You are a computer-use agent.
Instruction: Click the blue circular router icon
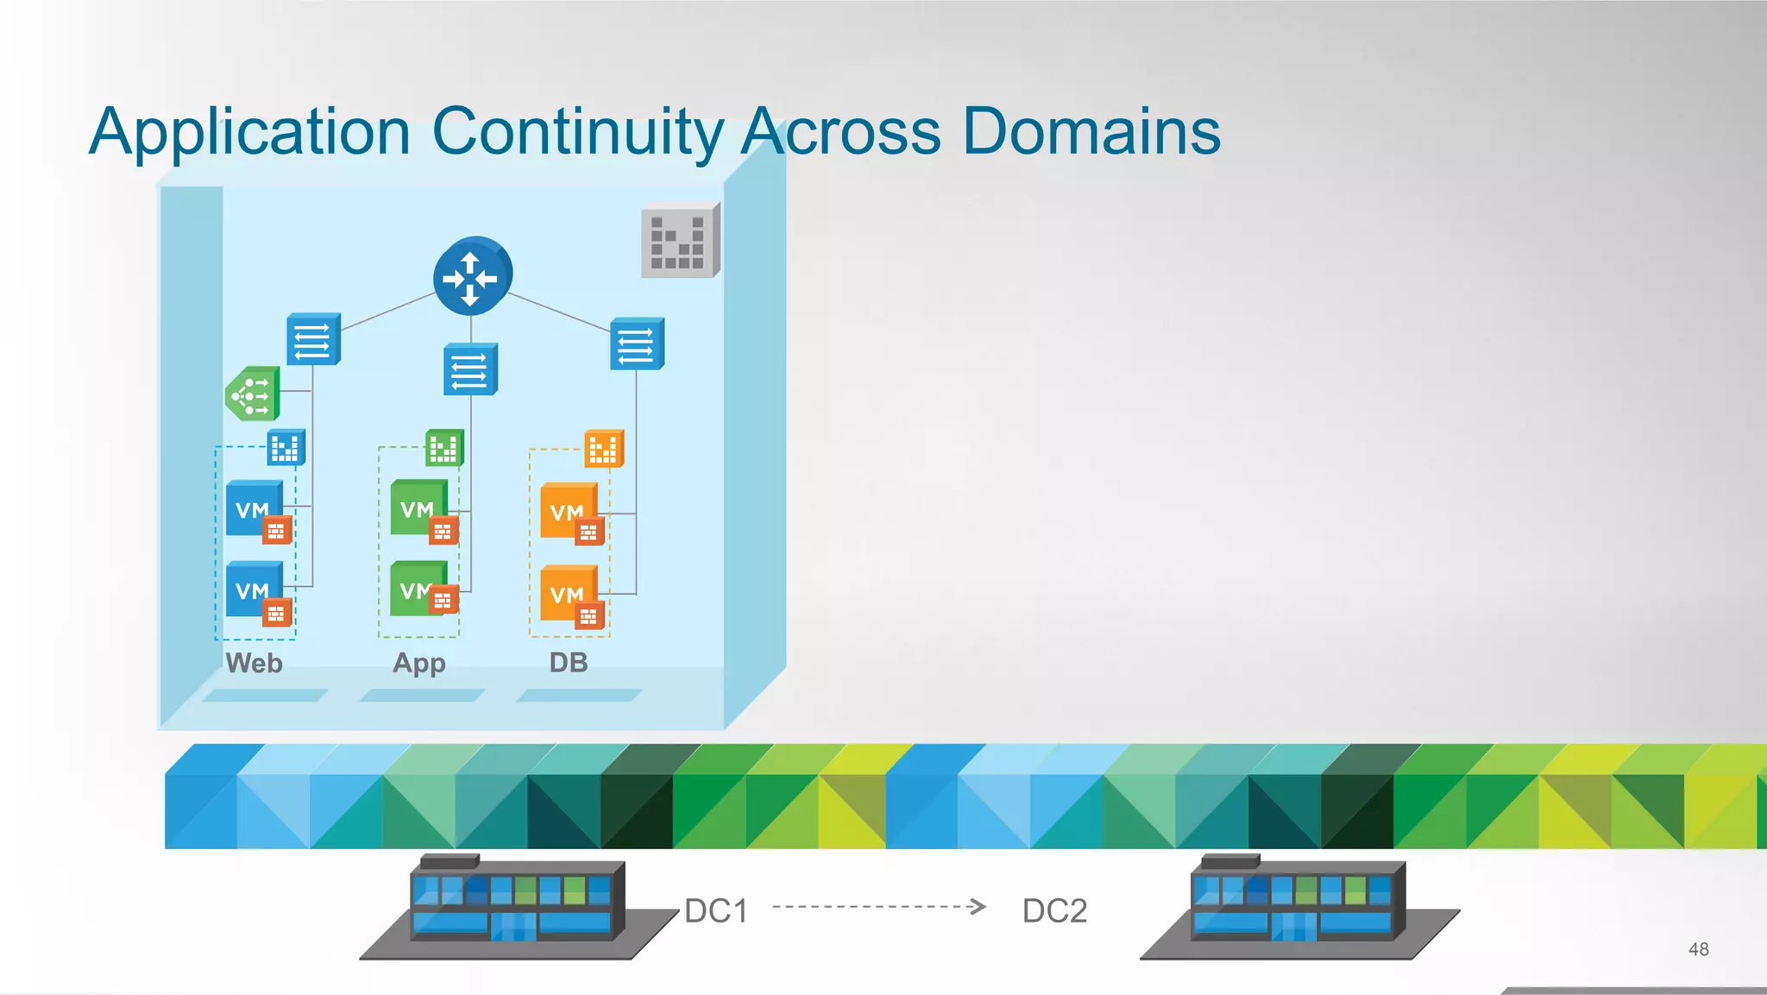coord(472,276)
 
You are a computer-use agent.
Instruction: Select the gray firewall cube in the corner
coord(680,241)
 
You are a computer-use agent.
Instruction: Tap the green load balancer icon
coord(253,394)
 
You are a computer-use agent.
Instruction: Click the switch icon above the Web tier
coord(313,339)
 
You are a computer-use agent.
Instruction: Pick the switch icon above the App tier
coord(470,369)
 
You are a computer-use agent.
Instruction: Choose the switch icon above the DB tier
coord(637,343)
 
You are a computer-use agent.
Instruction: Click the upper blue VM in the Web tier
coord(254,508)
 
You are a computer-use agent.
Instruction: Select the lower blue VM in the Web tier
coord(254,589)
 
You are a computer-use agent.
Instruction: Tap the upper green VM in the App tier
coord(418,507)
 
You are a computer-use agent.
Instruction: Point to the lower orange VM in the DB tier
coord(568,593)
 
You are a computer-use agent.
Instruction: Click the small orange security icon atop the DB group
coord(603,449)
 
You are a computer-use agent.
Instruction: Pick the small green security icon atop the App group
coord(444,448)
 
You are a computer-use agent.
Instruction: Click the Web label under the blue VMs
coord(254,663)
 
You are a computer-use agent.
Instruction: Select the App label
coord(419,663)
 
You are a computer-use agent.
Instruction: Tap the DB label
coord(569,662)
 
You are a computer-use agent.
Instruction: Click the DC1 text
coord(716,910)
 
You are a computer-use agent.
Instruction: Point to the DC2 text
coord(1054,910)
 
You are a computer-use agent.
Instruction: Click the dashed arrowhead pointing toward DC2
coord(978,906)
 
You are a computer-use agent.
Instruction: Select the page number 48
coord(1698,949)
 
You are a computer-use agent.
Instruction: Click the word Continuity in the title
coord(577,132)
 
